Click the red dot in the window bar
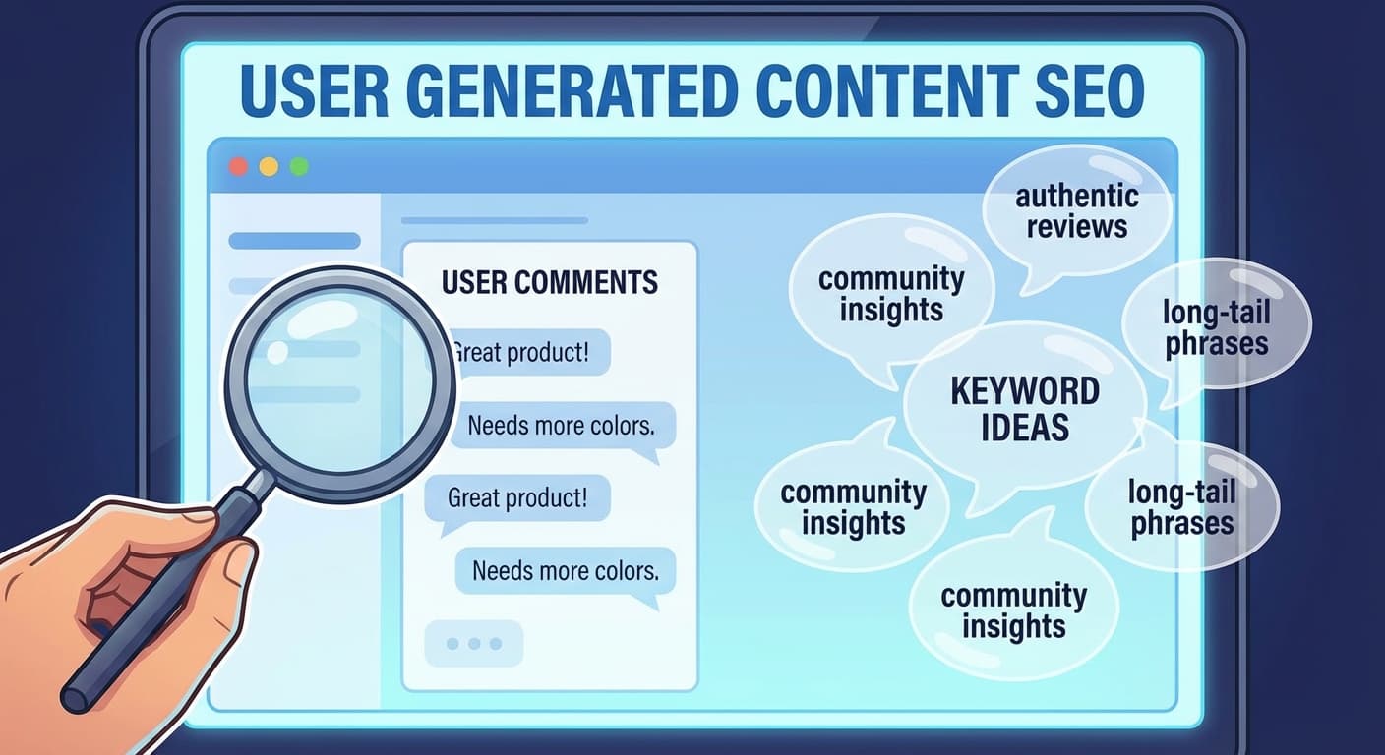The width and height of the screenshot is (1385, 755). tap(239, 167)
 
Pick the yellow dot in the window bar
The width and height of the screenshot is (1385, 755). tap(269, 167)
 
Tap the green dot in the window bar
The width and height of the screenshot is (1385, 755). tap(299, 167)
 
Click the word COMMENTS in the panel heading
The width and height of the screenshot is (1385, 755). tap(585, 282)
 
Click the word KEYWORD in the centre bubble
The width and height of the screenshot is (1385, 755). tap(1025, 390)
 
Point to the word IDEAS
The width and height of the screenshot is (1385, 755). tap(1025, 427)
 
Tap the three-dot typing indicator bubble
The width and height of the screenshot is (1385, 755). tap(473, 644)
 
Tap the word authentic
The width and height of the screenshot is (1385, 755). tap(1077, 197)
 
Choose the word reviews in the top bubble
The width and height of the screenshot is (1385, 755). tap(1077, 226)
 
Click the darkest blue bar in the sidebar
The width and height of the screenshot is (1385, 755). tap(294, 241)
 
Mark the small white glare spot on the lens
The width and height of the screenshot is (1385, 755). tap(277, 352)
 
